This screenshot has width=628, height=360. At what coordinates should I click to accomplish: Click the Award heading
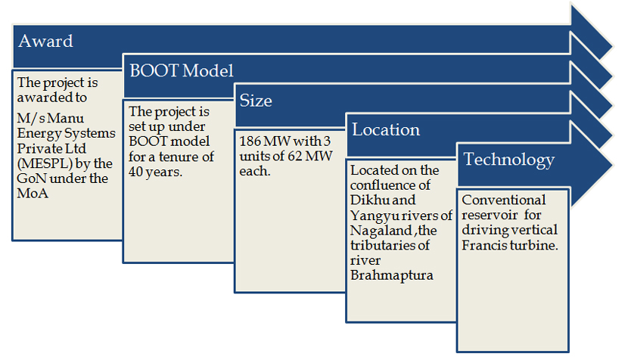coord(45,41)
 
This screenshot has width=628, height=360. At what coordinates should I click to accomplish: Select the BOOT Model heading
coord(182,71)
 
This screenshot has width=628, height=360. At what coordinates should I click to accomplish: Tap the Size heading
coord(256,101)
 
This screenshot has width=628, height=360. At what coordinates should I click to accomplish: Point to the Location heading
coord(386,130)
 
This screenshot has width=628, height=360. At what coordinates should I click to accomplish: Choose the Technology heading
coord(509,160)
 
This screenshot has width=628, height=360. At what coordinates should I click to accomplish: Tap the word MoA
coord(33,194)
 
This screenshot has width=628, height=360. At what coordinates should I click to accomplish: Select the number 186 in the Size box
coord(250,141)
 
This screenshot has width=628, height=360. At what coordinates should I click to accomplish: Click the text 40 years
coord(155,172)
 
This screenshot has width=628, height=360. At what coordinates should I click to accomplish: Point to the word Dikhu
coord(367,200)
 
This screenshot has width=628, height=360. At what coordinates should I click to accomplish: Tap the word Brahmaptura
coord(392,275)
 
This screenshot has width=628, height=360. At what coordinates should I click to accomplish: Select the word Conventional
coord(503,200)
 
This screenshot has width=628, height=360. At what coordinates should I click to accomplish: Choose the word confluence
coord(390,185)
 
